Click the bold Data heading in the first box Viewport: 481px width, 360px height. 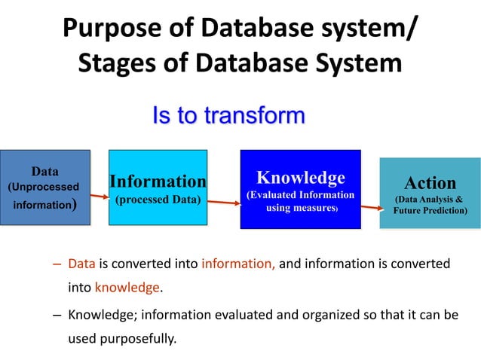[44, 171]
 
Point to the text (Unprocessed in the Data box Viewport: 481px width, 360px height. [44, 186]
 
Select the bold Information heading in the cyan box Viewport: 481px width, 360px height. [158, 182]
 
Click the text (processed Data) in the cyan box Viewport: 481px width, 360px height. [158, 200]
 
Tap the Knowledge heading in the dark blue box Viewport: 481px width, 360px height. [300, 178]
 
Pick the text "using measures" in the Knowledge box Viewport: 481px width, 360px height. [300, 208]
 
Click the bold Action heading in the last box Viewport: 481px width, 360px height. [430, 183]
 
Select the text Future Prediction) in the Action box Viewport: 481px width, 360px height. [430, 211]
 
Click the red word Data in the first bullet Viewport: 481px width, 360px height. [80, 264]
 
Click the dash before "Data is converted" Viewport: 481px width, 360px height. [57, 264]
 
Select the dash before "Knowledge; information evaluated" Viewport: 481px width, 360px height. [57, 316]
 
